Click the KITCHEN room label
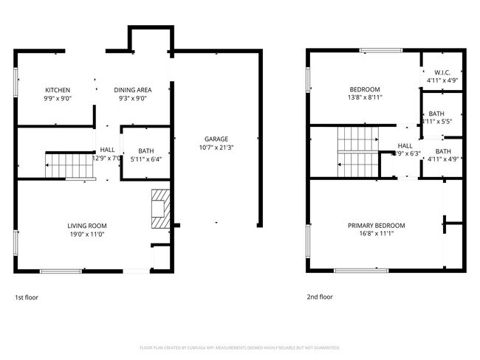57,90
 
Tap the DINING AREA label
133,90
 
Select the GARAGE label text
216,139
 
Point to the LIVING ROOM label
88,226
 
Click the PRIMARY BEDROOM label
377,226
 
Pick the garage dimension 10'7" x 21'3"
216,147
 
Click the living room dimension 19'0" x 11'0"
88,234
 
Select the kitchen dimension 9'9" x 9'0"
57,98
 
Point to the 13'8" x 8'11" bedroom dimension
364,97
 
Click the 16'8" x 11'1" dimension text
377,234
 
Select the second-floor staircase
357,152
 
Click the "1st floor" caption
27,297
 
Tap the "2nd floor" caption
320,297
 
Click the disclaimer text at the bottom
239,347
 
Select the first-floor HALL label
107,149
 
